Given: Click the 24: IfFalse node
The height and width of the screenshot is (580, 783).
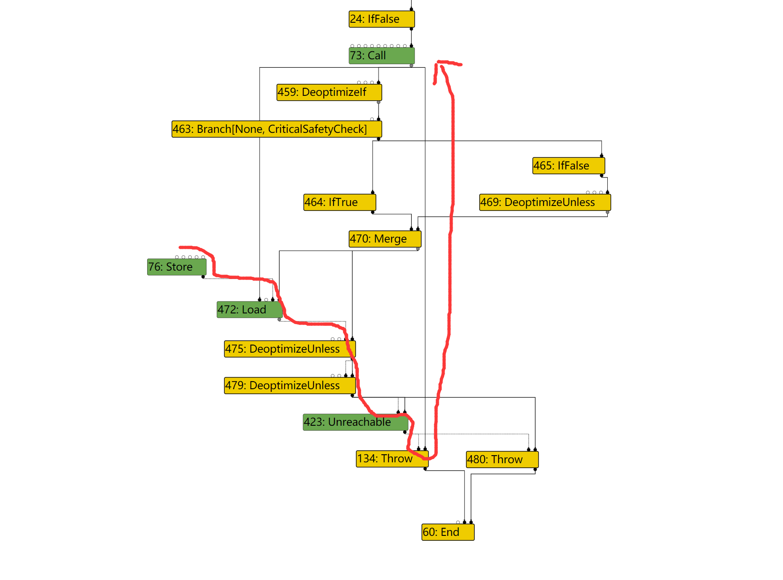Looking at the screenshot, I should [381, 19].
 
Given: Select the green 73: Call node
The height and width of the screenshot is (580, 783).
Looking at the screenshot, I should [381, 56].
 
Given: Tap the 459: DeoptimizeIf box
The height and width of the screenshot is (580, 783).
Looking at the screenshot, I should [329, 92].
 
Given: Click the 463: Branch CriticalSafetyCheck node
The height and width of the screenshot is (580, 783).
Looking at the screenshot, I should [276, 129].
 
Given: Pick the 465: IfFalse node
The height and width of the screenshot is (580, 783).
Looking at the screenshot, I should [569, 166].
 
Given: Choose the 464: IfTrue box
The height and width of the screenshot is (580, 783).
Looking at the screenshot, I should [339, 202].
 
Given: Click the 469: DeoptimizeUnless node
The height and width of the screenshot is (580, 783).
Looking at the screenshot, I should [545, 202].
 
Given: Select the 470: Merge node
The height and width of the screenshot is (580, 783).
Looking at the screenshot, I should [385, 239].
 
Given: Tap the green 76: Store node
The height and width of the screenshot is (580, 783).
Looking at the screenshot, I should [177, 267].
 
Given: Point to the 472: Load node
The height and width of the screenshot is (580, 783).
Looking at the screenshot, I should [249, 310].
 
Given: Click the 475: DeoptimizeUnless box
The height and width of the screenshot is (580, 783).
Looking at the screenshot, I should [289, 349].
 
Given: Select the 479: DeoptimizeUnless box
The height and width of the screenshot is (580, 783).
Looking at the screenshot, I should [289, 386].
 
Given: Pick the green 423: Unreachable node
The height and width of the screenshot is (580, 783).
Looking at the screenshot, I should [355, 422].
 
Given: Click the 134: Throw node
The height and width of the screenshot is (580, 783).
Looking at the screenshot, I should [392, 459].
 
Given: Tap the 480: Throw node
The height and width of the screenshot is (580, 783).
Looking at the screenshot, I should [502, 460].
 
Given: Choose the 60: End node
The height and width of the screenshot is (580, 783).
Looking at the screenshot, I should [448, 532].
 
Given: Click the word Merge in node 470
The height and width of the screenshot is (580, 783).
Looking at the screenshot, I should [391, 239].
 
